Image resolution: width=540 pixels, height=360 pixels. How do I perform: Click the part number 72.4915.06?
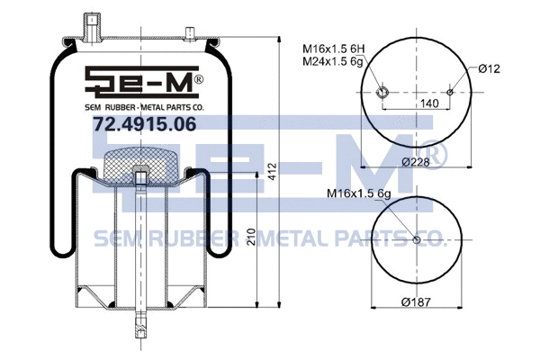pyautogui.click(x=144, y=125)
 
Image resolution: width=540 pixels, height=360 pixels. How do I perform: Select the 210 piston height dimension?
pyautogui.click(x=251, y=238)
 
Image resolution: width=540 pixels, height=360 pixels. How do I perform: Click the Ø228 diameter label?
pyautogui.click(x=414, y=161)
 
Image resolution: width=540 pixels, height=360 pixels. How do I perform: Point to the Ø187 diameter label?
pyautogui.click(x=414, y=301)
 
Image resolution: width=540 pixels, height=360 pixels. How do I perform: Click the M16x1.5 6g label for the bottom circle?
pyautogui.click(x=363, y=192)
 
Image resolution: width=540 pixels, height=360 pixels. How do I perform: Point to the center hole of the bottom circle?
pyautogui.click(x=416, y=239)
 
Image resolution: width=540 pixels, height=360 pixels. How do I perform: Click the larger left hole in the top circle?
pyautogui.click(x=382, y=92)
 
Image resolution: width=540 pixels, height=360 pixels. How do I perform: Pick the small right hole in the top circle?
pyautogui.click(x=448, y=92)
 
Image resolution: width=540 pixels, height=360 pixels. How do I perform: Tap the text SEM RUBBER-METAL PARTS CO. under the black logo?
pyautogui.click(x=144, y=106)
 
